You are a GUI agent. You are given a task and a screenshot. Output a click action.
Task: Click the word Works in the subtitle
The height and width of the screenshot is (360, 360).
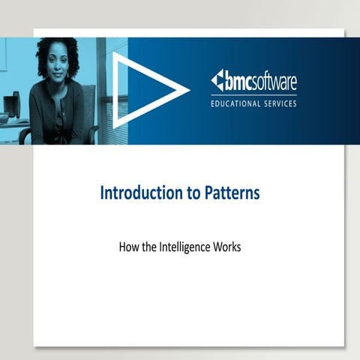coord(226,246)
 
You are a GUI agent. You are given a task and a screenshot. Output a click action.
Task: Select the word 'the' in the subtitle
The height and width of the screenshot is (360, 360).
coord(148,246)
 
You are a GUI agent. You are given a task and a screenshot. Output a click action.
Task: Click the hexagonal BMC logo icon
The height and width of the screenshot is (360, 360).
coord(217,80)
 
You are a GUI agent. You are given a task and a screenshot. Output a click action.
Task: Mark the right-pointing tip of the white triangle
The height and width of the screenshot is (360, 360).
coord(187,91)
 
